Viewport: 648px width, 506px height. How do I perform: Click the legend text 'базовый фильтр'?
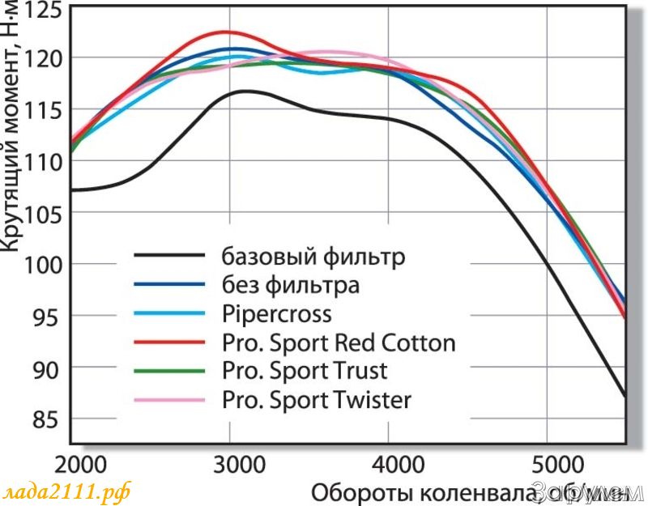point(313,257)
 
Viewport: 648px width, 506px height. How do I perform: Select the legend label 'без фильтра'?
point(290,285)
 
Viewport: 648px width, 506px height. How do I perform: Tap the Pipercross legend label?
point(275,313)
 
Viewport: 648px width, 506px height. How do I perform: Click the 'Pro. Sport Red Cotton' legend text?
point(338,342)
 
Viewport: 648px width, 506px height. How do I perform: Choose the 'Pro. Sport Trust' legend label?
point(304,371)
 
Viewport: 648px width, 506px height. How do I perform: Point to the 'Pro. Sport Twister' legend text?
point(316,399)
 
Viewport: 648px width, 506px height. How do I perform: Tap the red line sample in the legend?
point(168,342)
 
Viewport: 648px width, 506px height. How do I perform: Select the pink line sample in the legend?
point(168,399)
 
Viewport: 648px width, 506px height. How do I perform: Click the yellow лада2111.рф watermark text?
point(66,491)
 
